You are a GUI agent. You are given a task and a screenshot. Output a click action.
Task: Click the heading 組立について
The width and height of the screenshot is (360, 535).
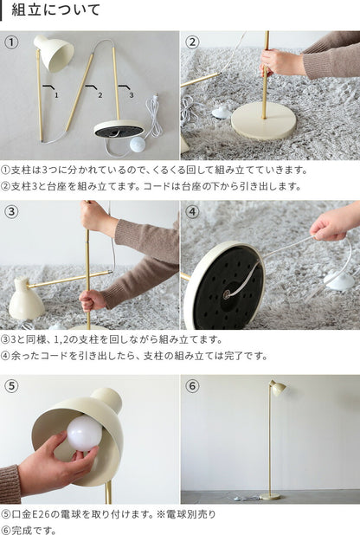coord(55,10)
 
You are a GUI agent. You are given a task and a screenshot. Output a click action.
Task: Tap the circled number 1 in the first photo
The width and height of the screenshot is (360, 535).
coord(11,42)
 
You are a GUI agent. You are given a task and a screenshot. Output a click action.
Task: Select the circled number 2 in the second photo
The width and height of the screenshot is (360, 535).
coord(192,42)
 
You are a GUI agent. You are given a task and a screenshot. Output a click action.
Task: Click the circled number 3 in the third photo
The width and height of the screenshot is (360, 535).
coord(11,211)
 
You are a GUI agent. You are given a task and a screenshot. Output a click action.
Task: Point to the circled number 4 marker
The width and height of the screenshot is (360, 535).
coord(192,211)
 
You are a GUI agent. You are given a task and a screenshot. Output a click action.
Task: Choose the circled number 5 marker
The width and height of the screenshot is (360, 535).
coord(11,386)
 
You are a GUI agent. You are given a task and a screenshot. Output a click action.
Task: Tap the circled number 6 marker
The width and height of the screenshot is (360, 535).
coord(192,386)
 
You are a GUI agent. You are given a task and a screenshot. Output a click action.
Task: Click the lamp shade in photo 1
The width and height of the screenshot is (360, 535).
coord(55,52)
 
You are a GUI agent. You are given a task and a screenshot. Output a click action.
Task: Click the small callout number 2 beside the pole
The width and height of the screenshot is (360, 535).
coord(100,95)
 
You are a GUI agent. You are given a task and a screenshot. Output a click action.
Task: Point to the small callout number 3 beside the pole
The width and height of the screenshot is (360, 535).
coord(132,95)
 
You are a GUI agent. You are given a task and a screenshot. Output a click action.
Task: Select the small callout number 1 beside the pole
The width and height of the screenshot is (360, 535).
coord(56,95)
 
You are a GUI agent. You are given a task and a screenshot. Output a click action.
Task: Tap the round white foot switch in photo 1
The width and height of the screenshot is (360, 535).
coord(139,144)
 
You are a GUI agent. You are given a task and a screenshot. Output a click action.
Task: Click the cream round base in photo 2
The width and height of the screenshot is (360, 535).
coord(263,120)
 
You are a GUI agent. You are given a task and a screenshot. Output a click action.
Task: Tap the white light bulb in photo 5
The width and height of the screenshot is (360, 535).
coord(84,434)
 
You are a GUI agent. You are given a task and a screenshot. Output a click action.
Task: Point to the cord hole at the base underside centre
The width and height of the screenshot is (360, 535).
coord(226,293)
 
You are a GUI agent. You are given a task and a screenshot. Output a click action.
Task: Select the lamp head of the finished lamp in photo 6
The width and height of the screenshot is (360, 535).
coord(277,387)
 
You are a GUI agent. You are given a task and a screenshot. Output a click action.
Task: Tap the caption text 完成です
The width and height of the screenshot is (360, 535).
coord(34,530)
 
